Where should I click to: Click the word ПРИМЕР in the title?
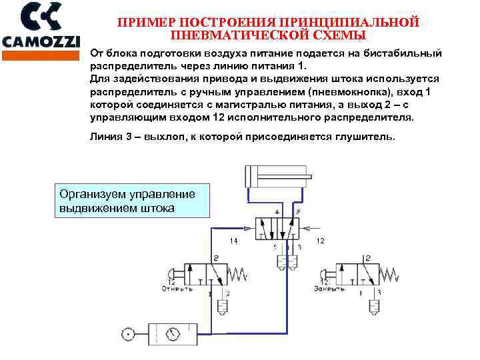(x=143, y=22)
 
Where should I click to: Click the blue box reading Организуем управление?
(x=131, y=201)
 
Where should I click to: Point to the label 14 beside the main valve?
(x=233, y=240)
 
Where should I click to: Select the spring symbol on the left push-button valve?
(x=237, y=273)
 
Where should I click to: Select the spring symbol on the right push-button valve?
(x=389, y=273)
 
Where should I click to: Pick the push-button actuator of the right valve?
(x=325, y=273)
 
